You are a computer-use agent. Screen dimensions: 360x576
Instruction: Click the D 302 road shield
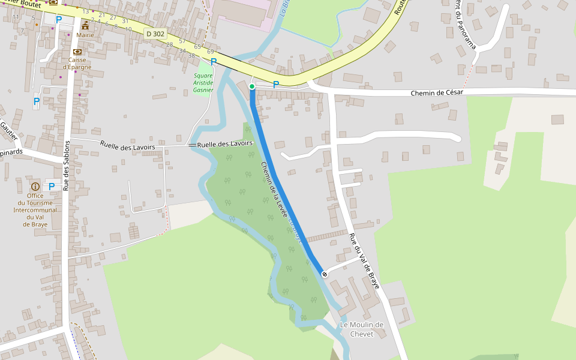155,34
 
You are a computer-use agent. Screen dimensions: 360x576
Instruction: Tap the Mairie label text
85,35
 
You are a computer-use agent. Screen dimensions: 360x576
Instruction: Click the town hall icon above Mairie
85,25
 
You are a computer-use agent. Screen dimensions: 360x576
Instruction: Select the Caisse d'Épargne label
77,63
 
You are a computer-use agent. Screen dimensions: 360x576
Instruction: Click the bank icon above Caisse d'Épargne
77,52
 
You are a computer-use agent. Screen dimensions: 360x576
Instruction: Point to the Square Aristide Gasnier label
203,83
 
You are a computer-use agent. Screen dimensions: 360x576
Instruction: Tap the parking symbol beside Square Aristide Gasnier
214,61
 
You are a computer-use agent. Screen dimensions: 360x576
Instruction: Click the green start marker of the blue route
252,87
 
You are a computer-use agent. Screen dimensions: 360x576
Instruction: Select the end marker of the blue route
325,274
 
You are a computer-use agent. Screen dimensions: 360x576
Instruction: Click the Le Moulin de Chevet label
362,329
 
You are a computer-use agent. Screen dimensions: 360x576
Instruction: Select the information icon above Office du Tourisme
35,187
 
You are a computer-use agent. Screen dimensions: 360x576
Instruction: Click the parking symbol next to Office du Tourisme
52,187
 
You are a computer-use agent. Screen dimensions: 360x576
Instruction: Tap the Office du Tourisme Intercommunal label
35,210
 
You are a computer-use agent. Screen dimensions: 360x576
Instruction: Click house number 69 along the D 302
211,52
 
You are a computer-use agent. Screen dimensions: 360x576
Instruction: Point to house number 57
182,41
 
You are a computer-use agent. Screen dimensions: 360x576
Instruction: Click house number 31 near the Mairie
125,21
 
